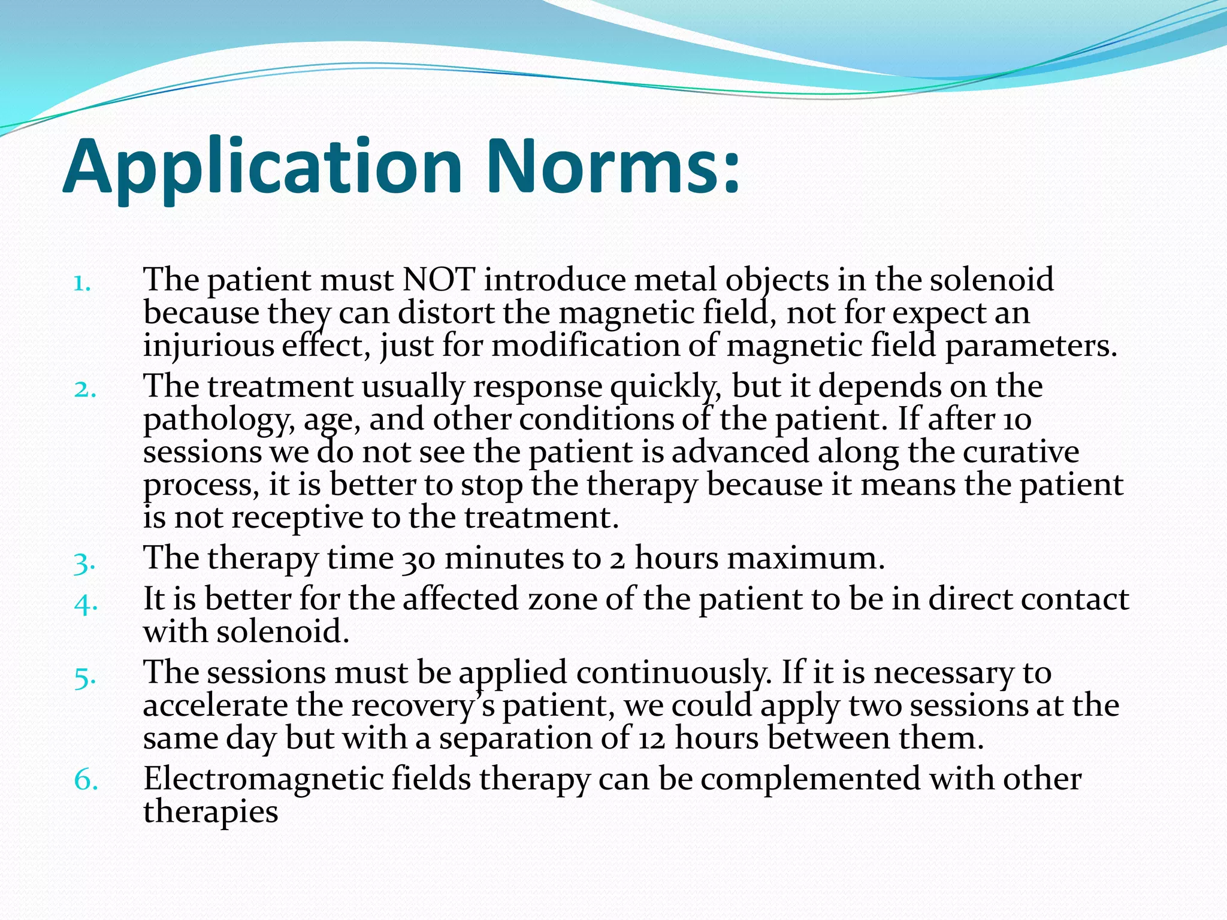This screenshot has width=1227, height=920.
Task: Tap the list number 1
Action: [x=82, y=283]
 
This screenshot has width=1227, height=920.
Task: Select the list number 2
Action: [x=84, y=389]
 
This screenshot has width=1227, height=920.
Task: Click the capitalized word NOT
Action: [x=439, y=280]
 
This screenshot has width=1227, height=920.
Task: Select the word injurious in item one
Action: [x=208, y=347]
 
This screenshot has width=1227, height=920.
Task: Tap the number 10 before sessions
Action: [x=1017, y=419]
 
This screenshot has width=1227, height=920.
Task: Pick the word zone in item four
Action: [x=562, y=600]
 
